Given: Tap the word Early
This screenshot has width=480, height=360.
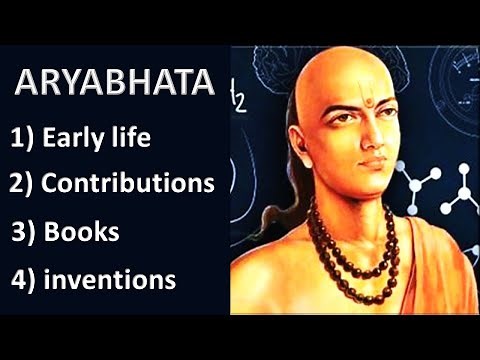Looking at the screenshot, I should pyautogui.click(x=86, y=138).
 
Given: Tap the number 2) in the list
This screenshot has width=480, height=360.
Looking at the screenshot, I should pyautogui.click(x=26, y=184).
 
